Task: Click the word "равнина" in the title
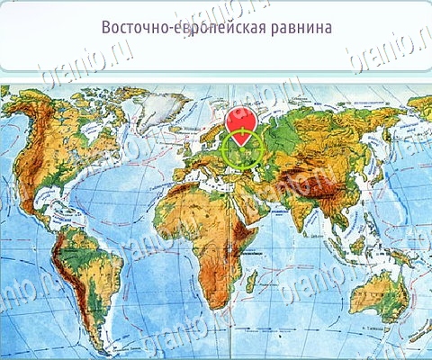point(296,28)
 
